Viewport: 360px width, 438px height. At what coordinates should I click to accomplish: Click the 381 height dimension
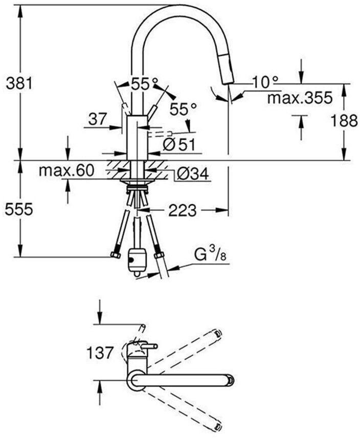pos(19,83)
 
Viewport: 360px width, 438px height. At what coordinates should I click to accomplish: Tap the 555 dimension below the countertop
pos(19,209)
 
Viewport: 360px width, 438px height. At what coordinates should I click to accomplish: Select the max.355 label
pos(300,98)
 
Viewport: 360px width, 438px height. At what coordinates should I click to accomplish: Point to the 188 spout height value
pos(344,121)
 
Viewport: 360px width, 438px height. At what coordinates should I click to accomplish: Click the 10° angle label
pos(265,81)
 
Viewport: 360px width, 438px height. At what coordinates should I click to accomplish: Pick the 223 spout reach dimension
pos(182,210)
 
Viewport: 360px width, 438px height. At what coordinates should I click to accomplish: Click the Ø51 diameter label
pos(179,145)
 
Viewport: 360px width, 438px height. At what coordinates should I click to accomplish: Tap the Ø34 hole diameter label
pos(193,174)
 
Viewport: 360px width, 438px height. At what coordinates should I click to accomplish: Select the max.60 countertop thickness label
pos(66,170)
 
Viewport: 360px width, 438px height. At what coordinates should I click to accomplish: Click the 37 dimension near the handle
pos(98,119)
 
